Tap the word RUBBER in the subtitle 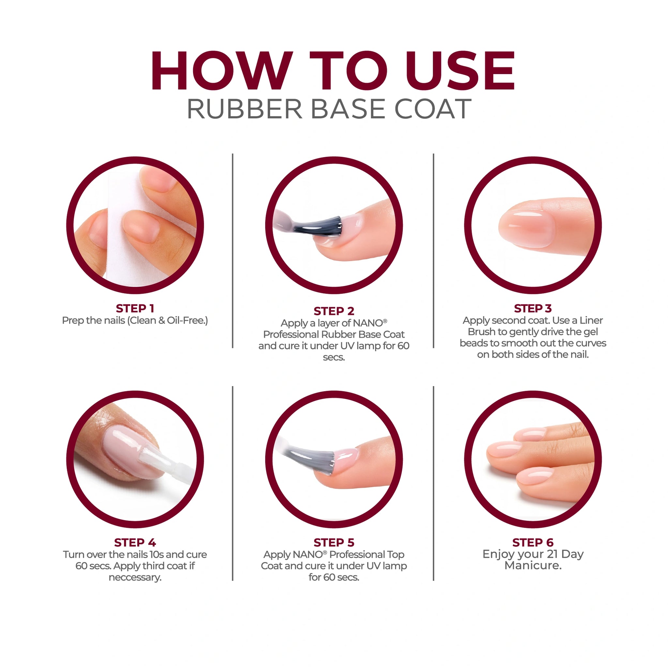pos(244,109)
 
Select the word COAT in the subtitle pos(433,109)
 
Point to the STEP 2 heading pos(334,311)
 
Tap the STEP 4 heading pos(135,542)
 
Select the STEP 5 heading pos(334,542)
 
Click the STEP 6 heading pos(533,542)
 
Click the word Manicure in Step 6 pos(533,565)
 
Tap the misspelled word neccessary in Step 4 pos(135,577)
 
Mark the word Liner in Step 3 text pos(592,321)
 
